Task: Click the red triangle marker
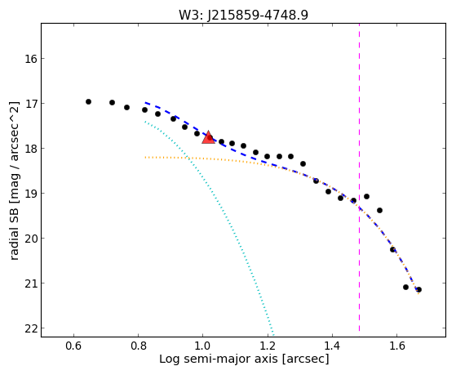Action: (208, 137)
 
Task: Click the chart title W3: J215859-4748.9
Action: (243, 16)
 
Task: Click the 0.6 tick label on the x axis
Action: (73, 346)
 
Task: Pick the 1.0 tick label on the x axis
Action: (203, 346)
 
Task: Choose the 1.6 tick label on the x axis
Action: (396, 346)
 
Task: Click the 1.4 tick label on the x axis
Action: (332, 346)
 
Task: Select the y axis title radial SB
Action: (14, 230)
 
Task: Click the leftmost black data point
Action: (88, 101)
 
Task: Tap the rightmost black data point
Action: (418, 290)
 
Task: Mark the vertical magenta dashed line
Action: (360, 177)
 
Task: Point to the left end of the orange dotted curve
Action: (145, 158)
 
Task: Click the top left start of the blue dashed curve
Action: (145, 103)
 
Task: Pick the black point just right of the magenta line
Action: (366, 196)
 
